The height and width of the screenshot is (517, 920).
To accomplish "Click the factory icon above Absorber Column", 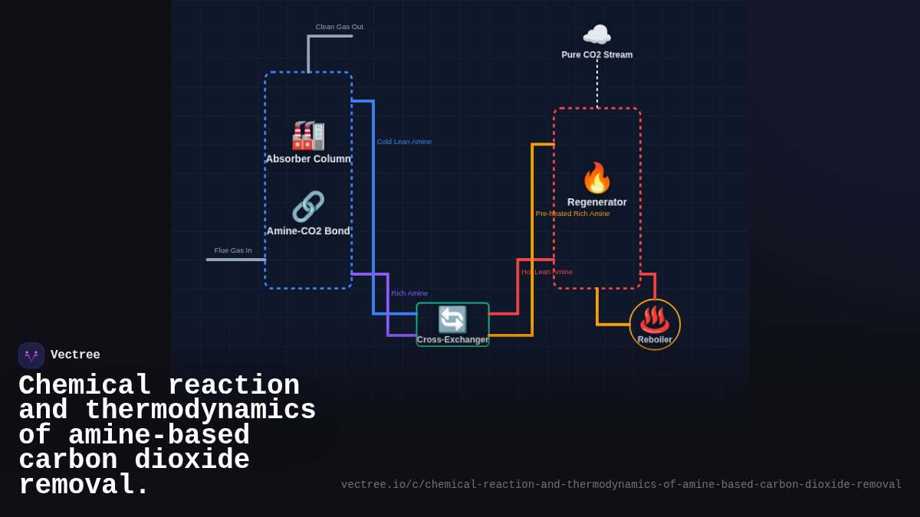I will pyautogui.click(x=308, y=136).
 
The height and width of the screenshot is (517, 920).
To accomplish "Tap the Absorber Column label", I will pyautogui.click(x=308, y=159).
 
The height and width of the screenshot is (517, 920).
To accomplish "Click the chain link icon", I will pyautogui.click(x=308, y=207).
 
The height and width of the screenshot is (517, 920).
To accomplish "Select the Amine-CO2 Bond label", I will pyautogui.click(x=308, y=231).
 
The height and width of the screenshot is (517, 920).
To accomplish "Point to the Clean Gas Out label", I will pyautogui.click(x=339, y=27).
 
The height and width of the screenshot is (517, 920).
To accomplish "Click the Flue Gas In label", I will pyautogui.click(x=232, y=250).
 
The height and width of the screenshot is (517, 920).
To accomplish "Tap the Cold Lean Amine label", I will pyautogui.click(x=404, y=142).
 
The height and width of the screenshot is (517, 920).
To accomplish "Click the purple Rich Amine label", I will pyautogui.click(x=409, y=293).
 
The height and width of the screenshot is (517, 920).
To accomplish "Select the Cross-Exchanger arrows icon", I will pyautogui.click(x=452, y=319).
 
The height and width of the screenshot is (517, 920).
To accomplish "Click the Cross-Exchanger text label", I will pyautogui.click(x=452, y=339).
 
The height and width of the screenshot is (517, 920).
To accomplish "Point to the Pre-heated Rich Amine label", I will pyautogui.click(x=573, y=214).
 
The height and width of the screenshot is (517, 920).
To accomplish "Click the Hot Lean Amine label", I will pyautogui.click(x=547, y=272).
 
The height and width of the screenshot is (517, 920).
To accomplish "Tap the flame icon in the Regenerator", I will pyautogui.click(x=596, y=178).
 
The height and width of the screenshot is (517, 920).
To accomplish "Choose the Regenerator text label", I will pyautogui.click(x=596, y=202).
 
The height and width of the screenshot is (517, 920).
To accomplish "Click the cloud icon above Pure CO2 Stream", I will pyautogui.click(x=596, y=35).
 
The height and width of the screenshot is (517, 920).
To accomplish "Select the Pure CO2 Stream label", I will pyautogui.click(x=596, y=55).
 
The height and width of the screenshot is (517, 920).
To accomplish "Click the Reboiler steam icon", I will pyautogui.click(x=655, y=319).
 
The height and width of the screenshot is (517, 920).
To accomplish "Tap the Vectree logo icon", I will pyautogui.click(x=31, y=355).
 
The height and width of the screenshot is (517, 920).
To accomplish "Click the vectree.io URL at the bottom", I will pyautogui.click(x=621, y=485).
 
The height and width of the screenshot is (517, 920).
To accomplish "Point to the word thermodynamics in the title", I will pyautogui.click(x=200, y=411).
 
